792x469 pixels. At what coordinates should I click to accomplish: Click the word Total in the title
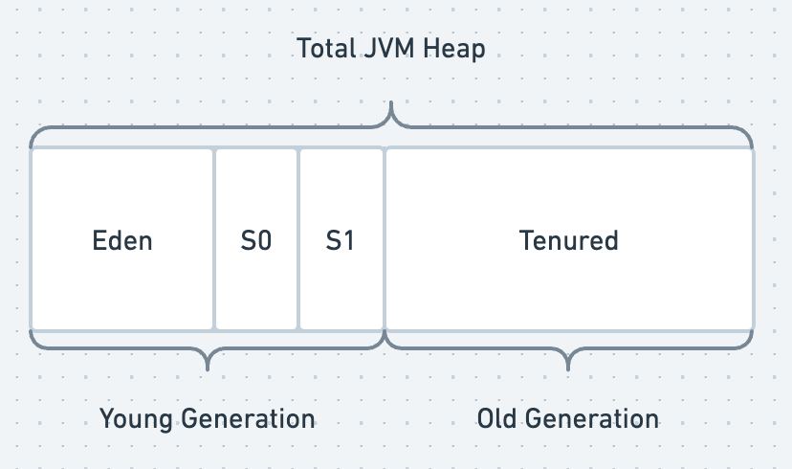[x=325, y=49]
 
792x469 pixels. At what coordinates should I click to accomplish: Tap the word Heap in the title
[x=454, y=49]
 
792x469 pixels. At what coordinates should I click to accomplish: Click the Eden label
[x=122, y=240]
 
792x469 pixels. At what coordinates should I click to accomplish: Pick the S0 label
[x=256, y=240]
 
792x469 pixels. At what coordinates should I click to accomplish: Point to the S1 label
[x=341, y=240]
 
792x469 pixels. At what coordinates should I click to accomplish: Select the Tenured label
[x=569, y=240]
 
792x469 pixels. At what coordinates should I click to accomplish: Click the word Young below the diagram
[x=137, y=418]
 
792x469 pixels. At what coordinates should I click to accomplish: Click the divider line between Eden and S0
[x=214, y=239]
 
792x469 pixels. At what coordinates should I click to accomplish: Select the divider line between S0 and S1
[x=298, y=239]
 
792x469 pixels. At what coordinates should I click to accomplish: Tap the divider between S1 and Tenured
[x=385, y=239]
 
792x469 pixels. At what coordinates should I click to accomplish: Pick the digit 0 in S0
[x=264, y=240]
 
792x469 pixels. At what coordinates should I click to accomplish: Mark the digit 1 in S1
[x=348, y=240]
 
